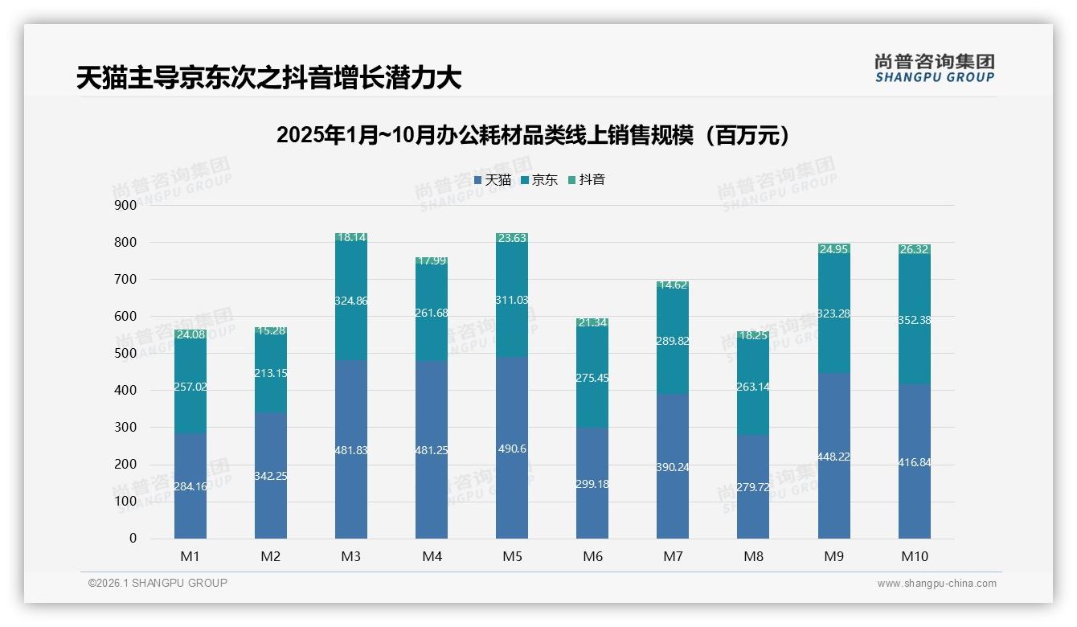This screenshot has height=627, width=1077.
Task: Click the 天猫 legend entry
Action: tap(493, 180)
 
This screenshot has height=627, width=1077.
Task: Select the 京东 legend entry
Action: tap(539, 180)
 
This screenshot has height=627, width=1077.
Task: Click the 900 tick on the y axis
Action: tap(126, 205)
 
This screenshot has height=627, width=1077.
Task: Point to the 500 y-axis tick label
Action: tap(126, 354)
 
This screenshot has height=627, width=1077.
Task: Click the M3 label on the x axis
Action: tap(351, 556)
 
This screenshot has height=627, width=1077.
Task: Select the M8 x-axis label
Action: tap(753, 556)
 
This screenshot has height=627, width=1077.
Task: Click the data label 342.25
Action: tap(271, 476)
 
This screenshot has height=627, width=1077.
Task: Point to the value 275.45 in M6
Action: tap(592, 377)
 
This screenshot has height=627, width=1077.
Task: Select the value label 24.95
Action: tap(834, 249)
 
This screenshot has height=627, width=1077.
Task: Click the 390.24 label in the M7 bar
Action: tap(673, 467)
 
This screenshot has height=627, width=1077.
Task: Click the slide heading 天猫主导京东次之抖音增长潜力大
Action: tap(268, 78)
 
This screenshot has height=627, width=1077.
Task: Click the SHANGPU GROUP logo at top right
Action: tap(934, 68)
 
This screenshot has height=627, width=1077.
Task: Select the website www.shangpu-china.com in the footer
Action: tap(936, 584)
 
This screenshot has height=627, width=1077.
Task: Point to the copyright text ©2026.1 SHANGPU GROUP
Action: tap(158, 583)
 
